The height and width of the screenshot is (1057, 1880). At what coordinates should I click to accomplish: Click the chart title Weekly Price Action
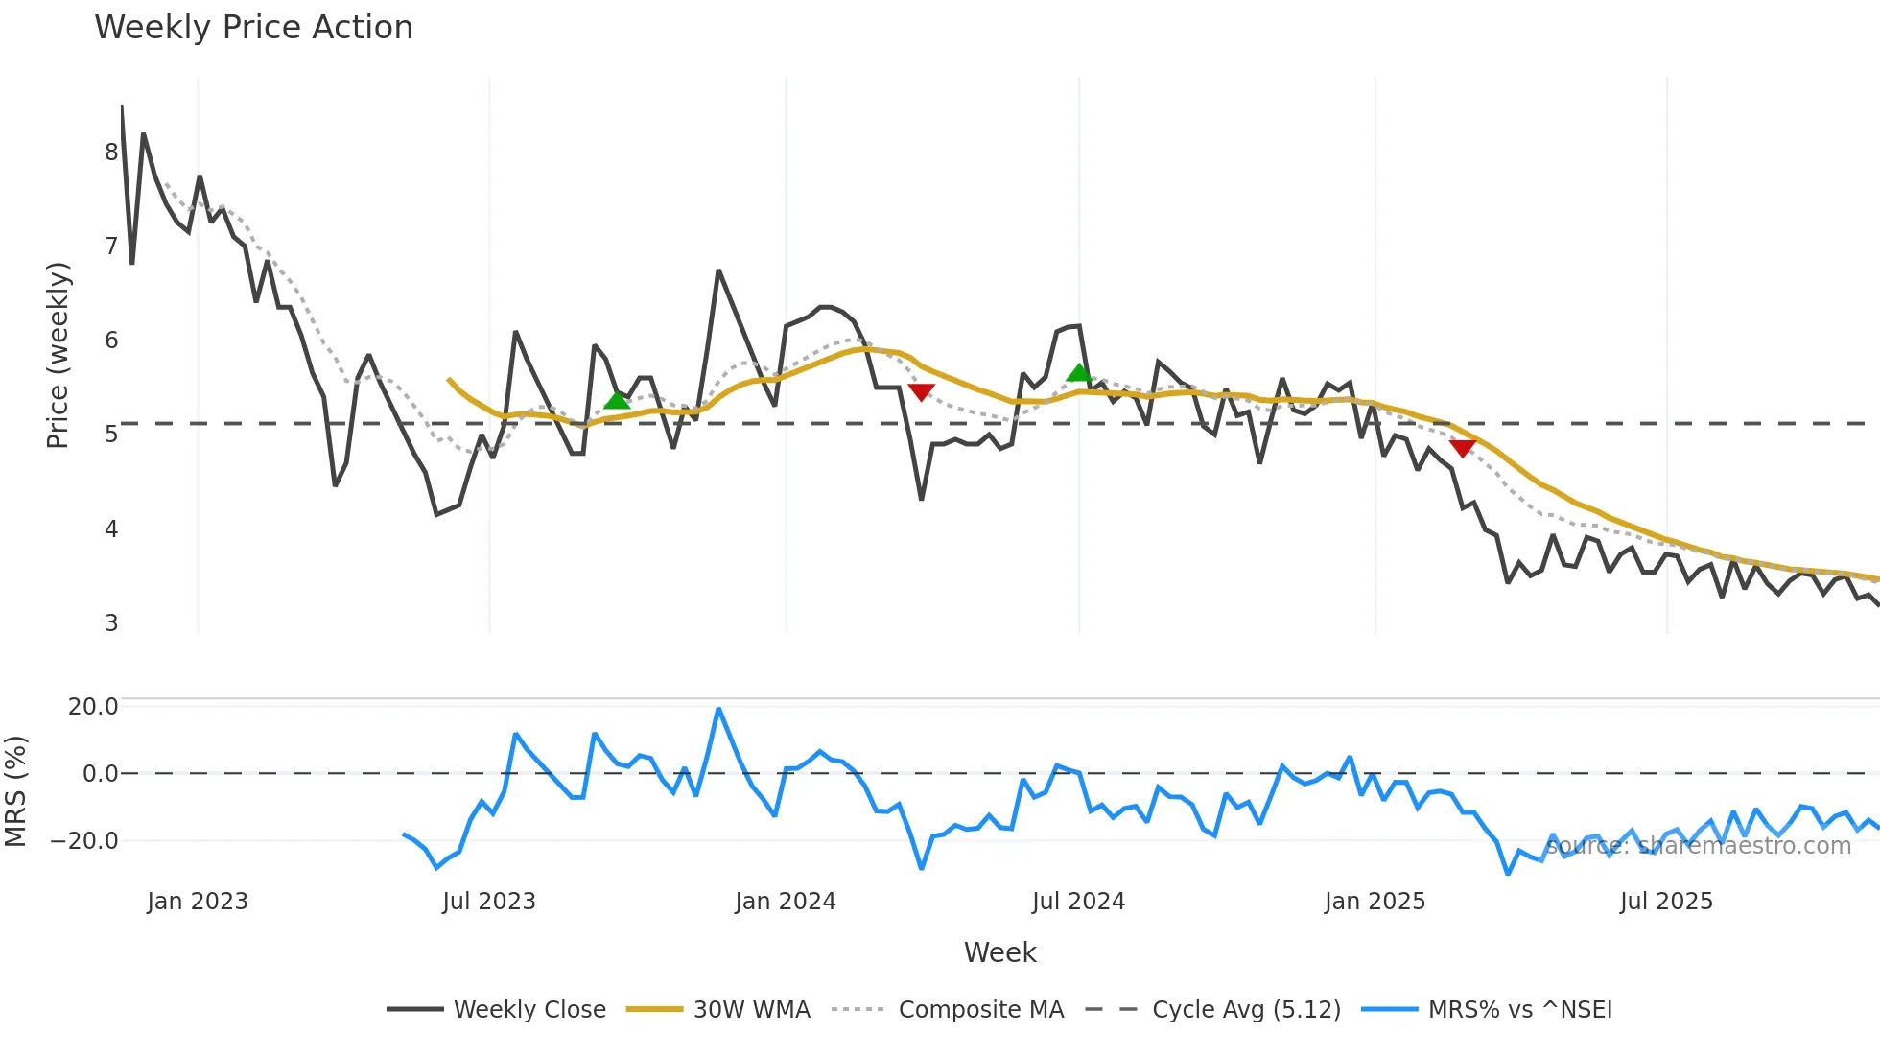tap(253, 28)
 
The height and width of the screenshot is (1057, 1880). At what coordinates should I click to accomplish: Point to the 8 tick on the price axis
tap(111, 153)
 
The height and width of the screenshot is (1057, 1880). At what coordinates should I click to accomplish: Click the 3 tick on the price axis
tap(111, 623)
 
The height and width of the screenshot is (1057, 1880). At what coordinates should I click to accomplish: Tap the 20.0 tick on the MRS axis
tap(93, 707)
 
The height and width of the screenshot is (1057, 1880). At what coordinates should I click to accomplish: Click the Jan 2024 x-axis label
tap(786, 902)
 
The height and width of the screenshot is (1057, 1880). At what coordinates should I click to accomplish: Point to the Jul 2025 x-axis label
tap(1666, 902)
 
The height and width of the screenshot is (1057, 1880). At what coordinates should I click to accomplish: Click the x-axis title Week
tap(999, 952)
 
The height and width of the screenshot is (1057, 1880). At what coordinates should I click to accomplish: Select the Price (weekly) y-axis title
tap(58, 355)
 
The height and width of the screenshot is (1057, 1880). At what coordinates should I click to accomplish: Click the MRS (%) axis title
tap(15, 791)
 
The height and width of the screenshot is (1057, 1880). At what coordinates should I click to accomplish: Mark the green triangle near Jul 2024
tap(1079, 373)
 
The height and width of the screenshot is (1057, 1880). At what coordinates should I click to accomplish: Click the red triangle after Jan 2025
tap(1462, 448)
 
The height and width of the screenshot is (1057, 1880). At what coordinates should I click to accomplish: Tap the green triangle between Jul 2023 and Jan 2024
tap(617, 400)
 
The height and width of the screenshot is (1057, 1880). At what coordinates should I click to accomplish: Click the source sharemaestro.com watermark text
tap(1698, 846)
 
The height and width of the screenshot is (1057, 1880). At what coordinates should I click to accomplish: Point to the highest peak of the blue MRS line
tap(718, 710)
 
